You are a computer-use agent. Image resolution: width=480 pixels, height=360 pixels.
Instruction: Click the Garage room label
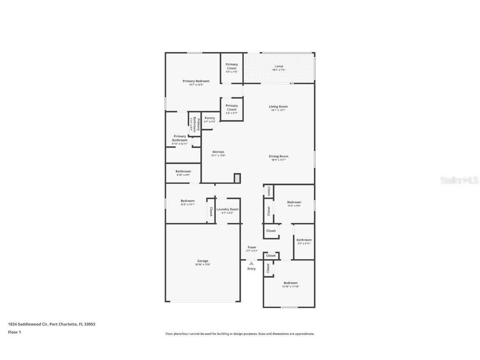click(x=203, y=261)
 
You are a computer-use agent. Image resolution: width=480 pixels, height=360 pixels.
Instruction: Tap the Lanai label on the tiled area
click(x=278, y=66)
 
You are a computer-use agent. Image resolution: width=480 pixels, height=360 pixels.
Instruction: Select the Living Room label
click(x=278, y=107)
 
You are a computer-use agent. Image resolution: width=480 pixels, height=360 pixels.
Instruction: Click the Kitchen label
click(x=218, y=152)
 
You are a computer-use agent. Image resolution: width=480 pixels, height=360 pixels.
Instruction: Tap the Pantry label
click(x=210, y=118)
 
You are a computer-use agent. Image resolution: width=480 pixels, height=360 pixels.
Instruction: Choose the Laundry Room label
click(x=227, y=209)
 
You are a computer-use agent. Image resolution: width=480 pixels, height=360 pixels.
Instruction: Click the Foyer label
click(x=252, y=247)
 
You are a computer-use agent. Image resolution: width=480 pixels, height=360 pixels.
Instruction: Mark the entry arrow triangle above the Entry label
click(x=251, y=263)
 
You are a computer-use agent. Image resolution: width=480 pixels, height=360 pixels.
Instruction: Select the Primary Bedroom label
click(x=196, y=81)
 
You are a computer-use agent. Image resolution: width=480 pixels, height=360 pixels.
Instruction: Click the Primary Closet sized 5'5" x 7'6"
click(x=232, y=66)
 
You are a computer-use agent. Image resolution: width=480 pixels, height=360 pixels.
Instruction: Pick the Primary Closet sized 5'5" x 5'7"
click(x=232, y=107)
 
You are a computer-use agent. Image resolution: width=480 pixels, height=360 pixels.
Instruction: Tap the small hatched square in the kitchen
click(x=237, y=178)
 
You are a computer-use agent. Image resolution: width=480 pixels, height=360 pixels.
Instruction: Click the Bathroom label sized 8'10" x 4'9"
click(x=183, y=171)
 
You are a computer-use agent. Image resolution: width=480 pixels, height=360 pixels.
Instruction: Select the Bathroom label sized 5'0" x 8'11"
click(x=304, y=240)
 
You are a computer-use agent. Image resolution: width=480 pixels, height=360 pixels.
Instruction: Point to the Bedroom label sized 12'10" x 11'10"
click(x=290, y=283)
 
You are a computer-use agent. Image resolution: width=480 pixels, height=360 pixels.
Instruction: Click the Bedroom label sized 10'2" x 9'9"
click(x=294, y=202)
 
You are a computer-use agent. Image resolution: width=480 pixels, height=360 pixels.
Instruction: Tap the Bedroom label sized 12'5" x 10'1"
click(x=187, y=201)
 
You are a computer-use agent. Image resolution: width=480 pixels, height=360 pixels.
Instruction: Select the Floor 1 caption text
click(x=15, y=332)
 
